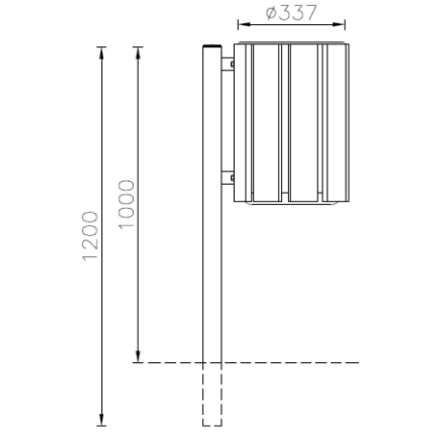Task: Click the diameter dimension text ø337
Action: [x=290, y=13]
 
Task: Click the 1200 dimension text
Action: [x=91, y=236]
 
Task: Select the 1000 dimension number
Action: [x=125, y=203]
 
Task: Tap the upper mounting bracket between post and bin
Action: [x=229, y=64]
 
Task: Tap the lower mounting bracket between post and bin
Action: [x=229, y=177]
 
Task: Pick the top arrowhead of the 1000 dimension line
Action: [x=139, y=49]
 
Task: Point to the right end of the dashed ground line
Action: [x=357, y=363]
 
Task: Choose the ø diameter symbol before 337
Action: [x=269, y=13]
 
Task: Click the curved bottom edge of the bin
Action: [x=290, y=205]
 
